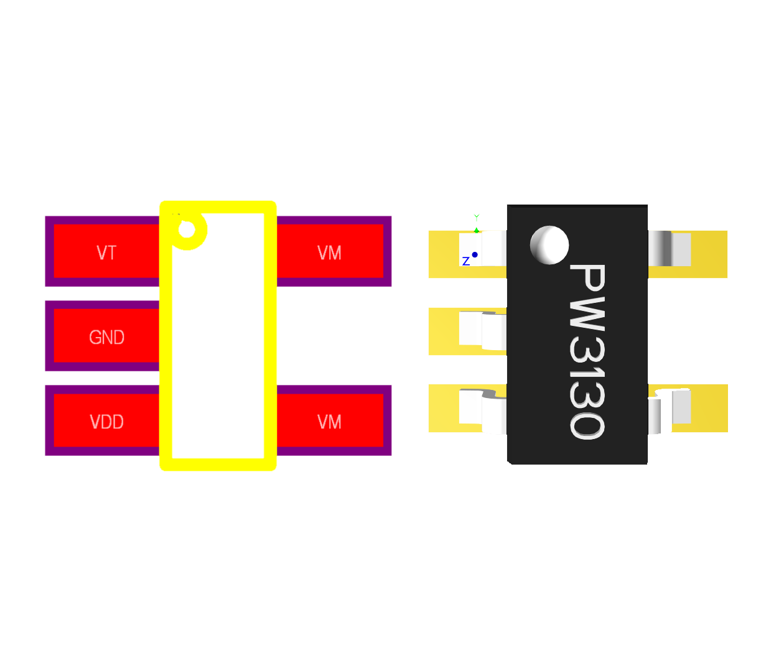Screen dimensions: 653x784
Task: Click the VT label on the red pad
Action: point(106,252)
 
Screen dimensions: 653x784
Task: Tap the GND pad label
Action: point(106,337)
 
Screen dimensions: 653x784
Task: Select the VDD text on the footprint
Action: point(106,422)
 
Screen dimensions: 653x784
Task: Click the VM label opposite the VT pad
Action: point(329,252)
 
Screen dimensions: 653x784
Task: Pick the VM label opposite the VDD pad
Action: point(329,422)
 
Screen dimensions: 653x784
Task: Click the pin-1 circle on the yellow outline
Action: point(187,230)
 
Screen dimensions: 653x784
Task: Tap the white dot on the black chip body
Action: point(549,244)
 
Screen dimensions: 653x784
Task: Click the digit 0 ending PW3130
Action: point(587,426)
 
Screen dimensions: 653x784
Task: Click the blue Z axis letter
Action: point(465,261)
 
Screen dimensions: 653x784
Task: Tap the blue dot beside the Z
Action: point(475,254)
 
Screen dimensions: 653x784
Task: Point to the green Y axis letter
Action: point(477,217)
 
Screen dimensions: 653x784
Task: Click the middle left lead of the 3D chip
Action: point(482,330)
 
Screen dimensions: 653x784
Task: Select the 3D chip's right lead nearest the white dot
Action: point(670,248)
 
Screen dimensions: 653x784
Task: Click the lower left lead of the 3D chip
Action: point(482,409)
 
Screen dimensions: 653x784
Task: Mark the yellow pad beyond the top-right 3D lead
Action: point(709,254)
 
